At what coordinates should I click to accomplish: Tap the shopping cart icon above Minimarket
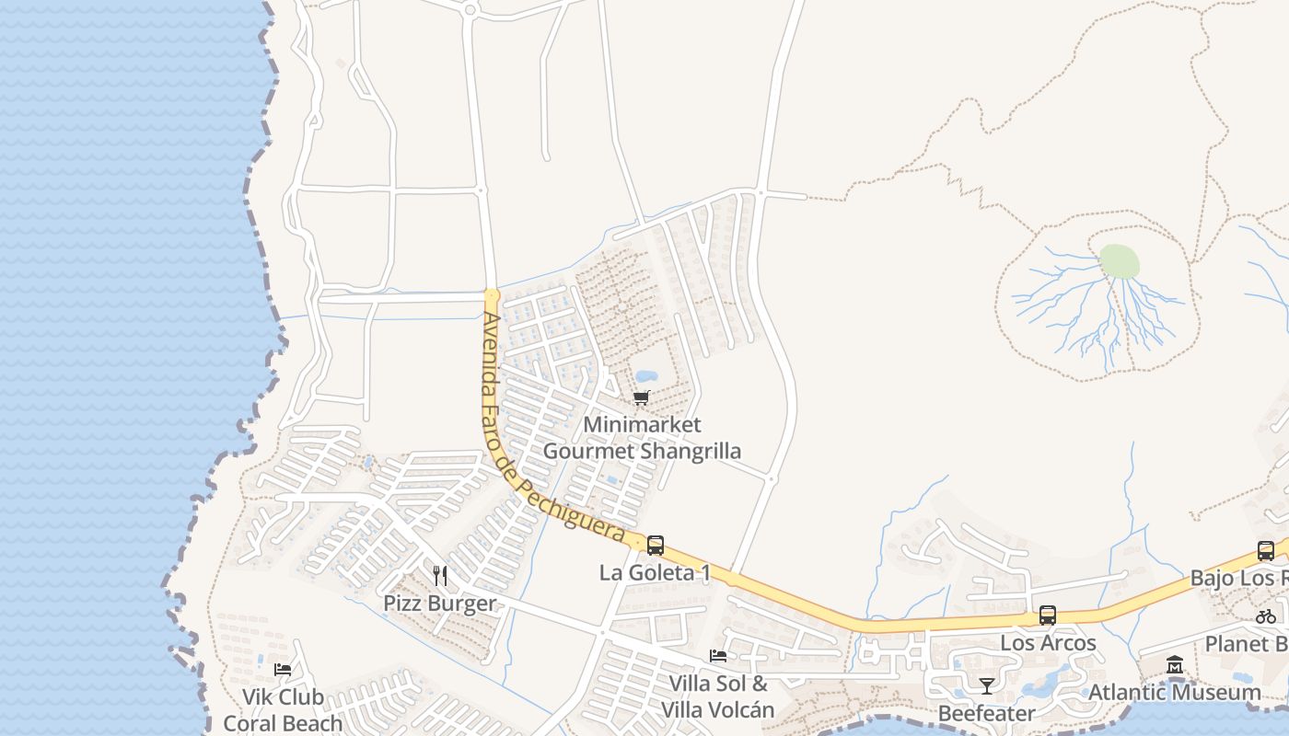642,398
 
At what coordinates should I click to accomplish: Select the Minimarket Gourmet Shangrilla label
642,438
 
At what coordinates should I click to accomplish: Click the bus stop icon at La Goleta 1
656,545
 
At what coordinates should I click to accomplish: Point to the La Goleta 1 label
655,572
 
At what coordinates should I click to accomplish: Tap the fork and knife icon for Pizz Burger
440,576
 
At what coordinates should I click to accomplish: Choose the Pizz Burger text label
440,604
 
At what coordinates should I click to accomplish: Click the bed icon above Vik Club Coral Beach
283,669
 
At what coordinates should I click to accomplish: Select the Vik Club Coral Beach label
283,710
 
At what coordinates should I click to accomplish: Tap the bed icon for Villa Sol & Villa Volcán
718,656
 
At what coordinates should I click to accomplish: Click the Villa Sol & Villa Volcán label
718,696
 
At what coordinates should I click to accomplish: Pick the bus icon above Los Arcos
1048,615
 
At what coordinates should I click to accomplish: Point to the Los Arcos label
1048,642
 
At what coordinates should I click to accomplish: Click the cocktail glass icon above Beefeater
986,685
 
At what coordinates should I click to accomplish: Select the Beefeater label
986,713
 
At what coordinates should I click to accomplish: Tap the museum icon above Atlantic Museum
1175,664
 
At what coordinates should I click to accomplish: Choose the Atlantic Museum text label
1175,692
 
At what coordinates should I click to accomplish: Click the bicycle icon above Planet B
1266,616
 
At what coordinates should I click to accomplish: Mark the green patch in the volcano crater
1119,261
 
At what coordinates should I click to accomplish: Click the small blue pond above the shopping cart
646,376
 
